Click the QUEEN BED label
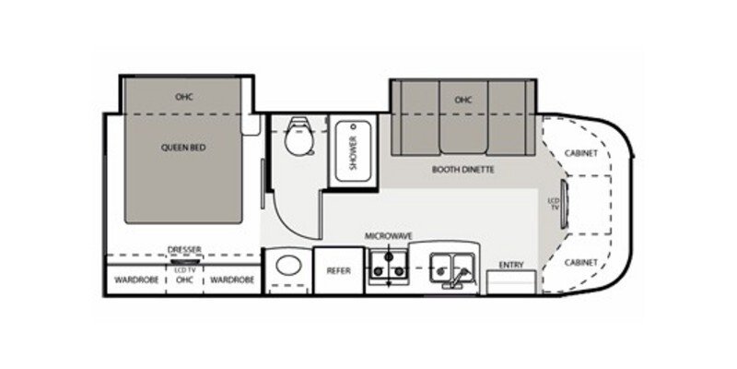coord(183,146)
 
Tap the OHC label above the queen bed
coord(182,95)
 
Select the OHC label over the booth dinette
coord(462,100)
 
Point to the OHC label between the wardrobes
coord(183,279)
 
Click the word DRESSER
coord(184,248)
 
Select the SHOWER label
coord(352,149)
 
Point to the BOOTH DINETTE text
coord(464,170)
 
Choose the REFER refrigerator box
coord(336,270)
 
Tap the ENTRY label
coord(511,266)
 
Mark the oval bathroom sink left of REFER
coord(287,270)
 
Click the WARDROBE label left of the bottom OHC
coord(134,279)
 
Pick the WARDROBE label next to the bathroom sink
coord(231,279)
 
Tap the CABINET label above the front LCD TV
coord(581,153)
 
